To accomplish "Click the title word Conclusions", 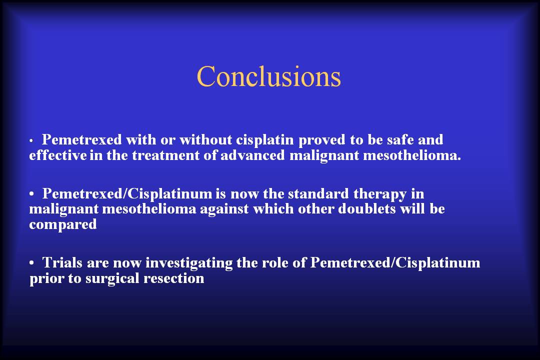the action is point(268,76).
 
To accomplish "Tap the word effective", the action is point(58,155).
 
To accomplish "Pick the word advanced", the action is point(253,155).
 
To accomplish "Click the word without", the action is point(205,139).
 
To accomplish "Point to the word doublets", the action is point(367,209).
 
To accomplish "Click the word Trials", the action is point(62,262).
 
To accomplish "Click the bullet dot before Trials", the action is point(31,263).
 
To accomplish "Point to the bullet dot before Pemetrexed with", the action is point(31,141).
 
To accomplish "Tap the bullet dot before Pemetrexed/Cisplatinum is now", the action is point(31,194).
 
